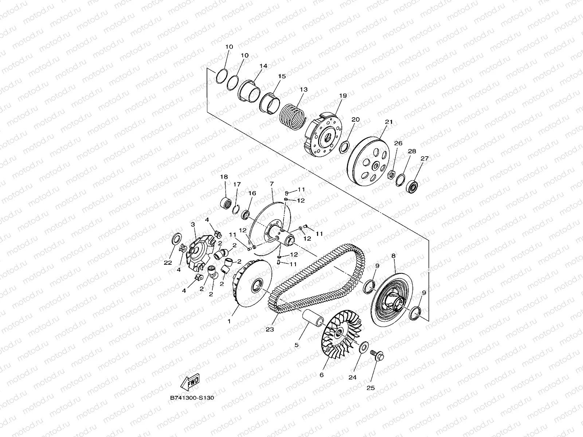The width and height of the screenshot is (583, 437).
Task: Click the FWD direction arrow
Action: tap(189, 382)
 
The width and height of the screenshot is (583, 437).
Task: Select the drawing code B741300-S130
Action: tap(192, 398)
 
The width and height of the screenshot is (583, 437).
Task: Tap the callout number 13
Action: tap(304, 90)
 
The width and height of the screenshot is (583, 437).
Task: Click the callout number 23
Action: tap(270, 329)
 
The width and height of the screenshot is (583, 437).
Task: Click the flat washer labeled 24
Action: tap(364, 347)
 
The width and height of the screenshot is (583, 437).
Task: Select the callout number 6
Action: tap(322, 375)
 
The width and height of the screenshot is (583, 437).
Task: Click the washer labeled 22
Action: tap(177, 239)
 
